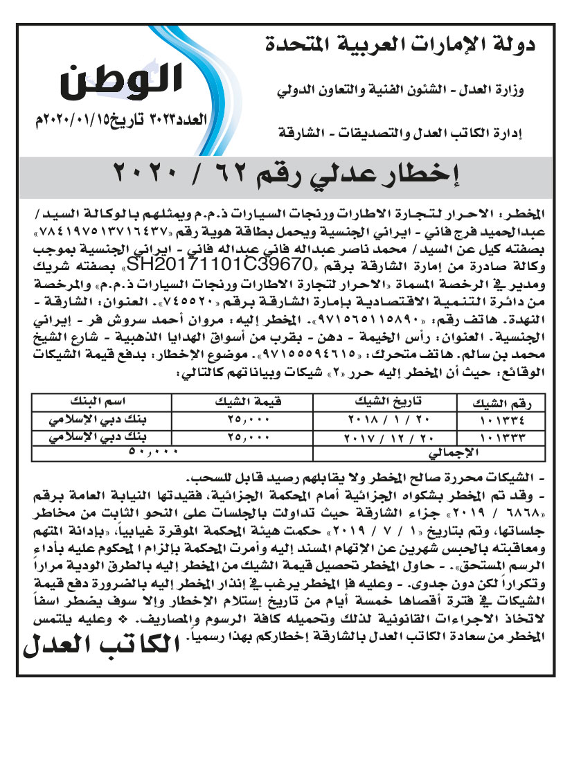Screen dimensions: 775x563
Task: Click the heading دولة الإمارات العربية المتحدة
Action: (402, 47)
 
